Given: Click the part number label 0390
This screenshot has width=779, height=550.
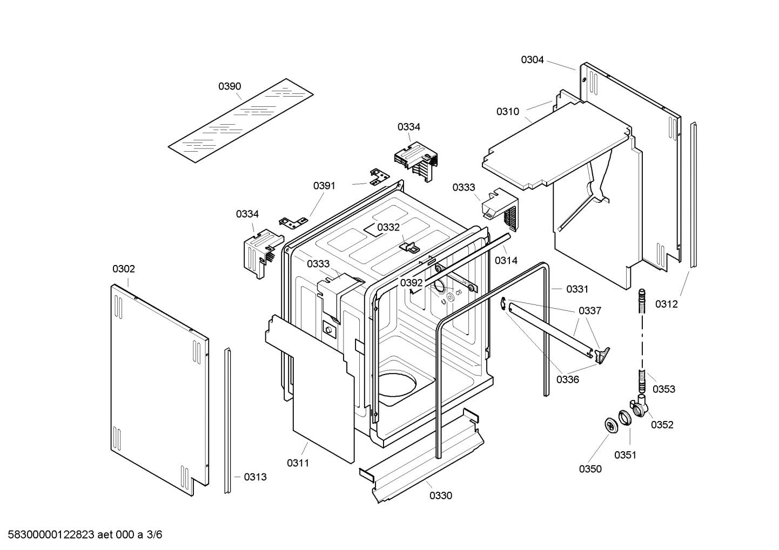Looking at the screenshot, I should pos(230,86).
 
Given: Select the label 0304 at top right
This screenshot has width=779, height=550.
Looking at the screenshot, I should pos(532,60).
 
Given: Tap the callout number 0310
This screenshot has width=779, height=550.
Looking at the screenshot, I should pos(508,112).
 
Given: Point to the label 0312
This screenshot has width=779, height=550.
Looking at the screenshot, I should pos(666,304).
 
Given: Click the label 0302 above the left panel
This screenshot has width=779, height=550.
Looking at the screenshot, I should pos(124,269).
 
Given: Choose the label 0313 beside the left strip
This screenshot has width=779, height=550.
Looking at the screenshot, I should pos(255,477).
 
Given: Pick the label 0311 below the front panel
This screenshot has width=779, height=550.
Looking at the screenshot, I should pos(298,463).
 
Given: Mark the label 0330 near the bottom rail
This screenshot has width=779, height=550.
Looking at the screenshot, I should pos(441,495).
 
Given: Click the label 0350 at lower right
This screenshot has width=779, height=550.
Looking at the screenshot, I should pos(590,469).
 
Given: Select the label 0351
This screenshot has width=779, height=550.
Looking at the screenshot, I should pos(625,455).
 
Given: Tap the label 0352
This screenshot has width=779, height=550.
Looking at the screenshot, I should pos(662,425).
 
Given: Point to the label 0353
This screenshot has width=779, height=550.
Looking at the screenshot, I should pos(663,389).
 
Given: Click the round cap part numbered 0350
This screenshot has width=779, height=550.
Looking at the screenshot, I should pos(611,425).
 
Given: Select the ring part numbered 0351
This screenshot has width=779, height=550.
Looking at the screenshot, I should pos(624,417).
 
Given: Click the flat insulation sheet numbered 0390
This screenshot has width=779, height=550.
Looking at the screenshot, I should pos(240,121).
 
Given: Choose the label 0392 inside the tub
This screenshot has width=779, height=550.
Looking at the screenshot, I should pos(412,283).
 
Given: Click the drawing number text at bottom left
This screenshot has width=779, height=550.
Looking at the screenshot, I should pos(82,535).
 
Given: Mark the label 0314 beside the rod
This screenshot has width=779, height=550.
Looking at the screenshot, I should pos(506,260).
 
